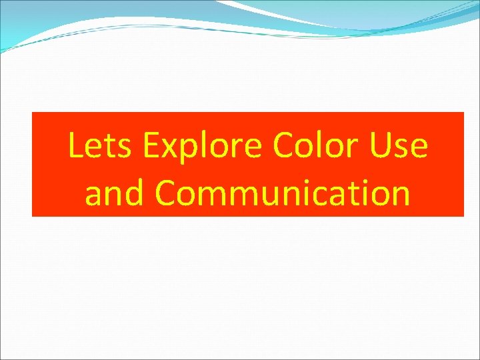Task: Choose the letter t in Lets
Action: [x=105, y=147]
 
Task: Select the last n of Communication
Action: [x=399, y=195]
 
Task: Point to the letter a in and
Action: [x=95, y=195]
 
